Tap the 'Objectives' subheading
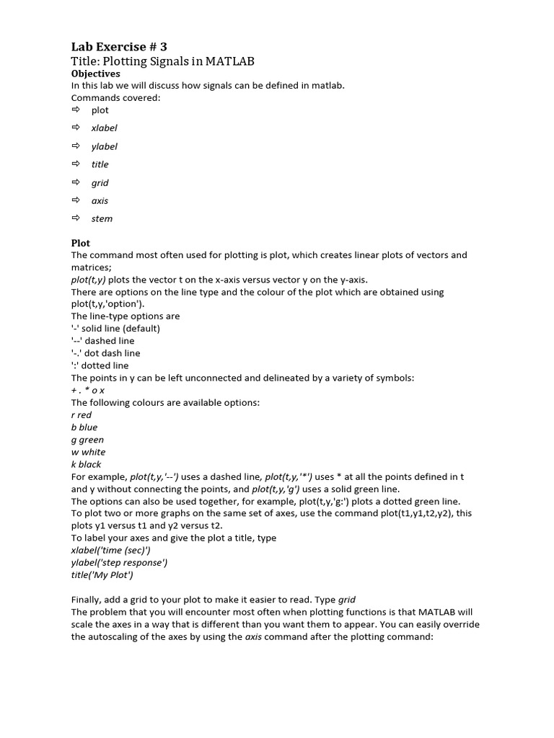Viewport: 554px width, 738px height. click(96, 74)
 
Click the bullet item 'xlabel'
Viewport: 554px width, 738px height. click(104, 128)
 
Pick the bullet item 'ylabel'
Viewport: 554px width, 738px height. click(104, 146)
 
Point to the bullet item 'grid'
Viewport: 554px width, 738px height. click(100, 183)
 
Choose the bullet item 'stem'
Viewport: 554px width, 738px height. click(102, 218)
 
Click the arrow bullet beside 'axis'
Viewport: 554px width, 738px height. click(75, 200)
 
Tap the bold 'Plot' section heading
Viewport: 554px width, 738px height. click(81, 243)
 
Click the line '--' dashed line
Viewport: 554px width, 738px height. click(102, 341)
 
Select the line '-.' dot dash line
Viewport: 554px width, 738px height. click(105, 353)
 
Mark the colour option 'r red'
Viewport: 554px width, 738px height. click(82, 415)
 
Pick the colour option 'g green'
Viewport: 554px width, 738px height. click(87, 440)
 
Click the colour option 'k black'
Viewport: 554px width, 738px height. click(86, 464)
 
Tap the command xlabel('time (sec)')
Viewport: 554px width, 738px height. click(110, 550)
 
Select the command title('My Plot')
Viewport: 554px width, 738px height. click(102, 574)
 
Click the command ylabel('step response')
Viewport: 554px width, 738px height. click(119, 562)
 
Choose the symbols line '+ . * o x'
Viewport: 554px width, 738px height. click(87, 390)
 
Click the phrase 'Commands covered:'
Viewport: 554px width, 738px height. click(115, 97)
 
